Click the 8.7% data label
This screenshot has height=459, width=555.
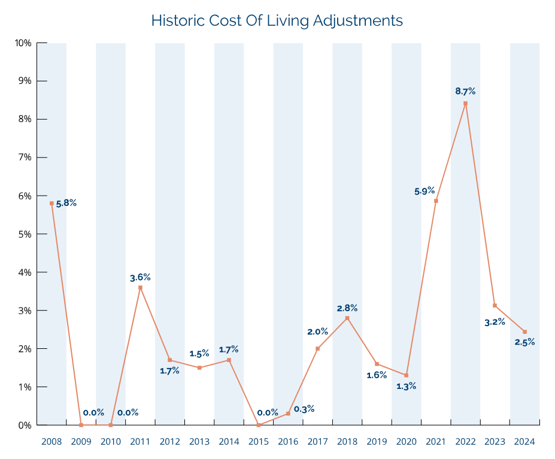pyautogui.click(x=465, y=92)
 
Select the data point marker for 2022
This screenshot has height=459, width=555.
pyautogui.click(x=465, y=104)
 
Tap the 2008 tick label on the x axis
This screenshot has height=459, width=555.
pyautogui.click(x=51, y=442)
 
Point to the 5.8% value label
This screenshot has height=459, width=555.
pyautogui.click(x=66, y=203)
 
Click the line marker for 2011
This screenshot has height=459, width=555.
pyautogui.click(x=140, y=288)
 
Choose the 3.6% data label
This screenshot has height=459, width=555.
pyautogui.click(x=140, y=277)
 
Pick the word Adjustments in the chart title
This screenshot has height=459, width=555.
pyautogui.click(x=363, y=21)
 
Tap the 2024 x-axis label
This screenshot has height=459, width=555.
pyautogui.click(x=524, y=442)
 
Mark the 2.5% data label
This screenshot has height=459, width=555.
pyautogui.click(x=524, y=342)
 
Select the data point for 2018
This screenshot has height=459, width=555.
pyautogui.click(x=347, y=318)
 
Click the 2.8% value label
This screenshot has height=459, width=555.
pyautogui.click(x=347, y=308)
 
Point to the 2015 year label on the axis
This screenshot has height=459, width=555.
pyautogui.click(x=258, y=442)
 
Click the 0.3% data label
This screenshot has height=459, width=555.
pyautogui.click(x=304, y=409)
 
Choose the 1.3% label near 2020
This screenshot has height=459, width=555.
pyautogui.click(x=406, y=386)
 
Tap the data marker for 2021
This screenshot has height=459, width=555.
pyautogui.click(x=436, y=200)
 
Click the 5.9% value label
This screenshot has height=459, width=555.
pyautogui.click(x=424, y=191)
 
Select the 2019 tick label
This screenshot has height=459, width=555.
pyautogui.click(x=377, y=442)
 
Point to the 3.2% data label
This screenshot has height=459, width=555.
pyautogui.click(x=495, y=322)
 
